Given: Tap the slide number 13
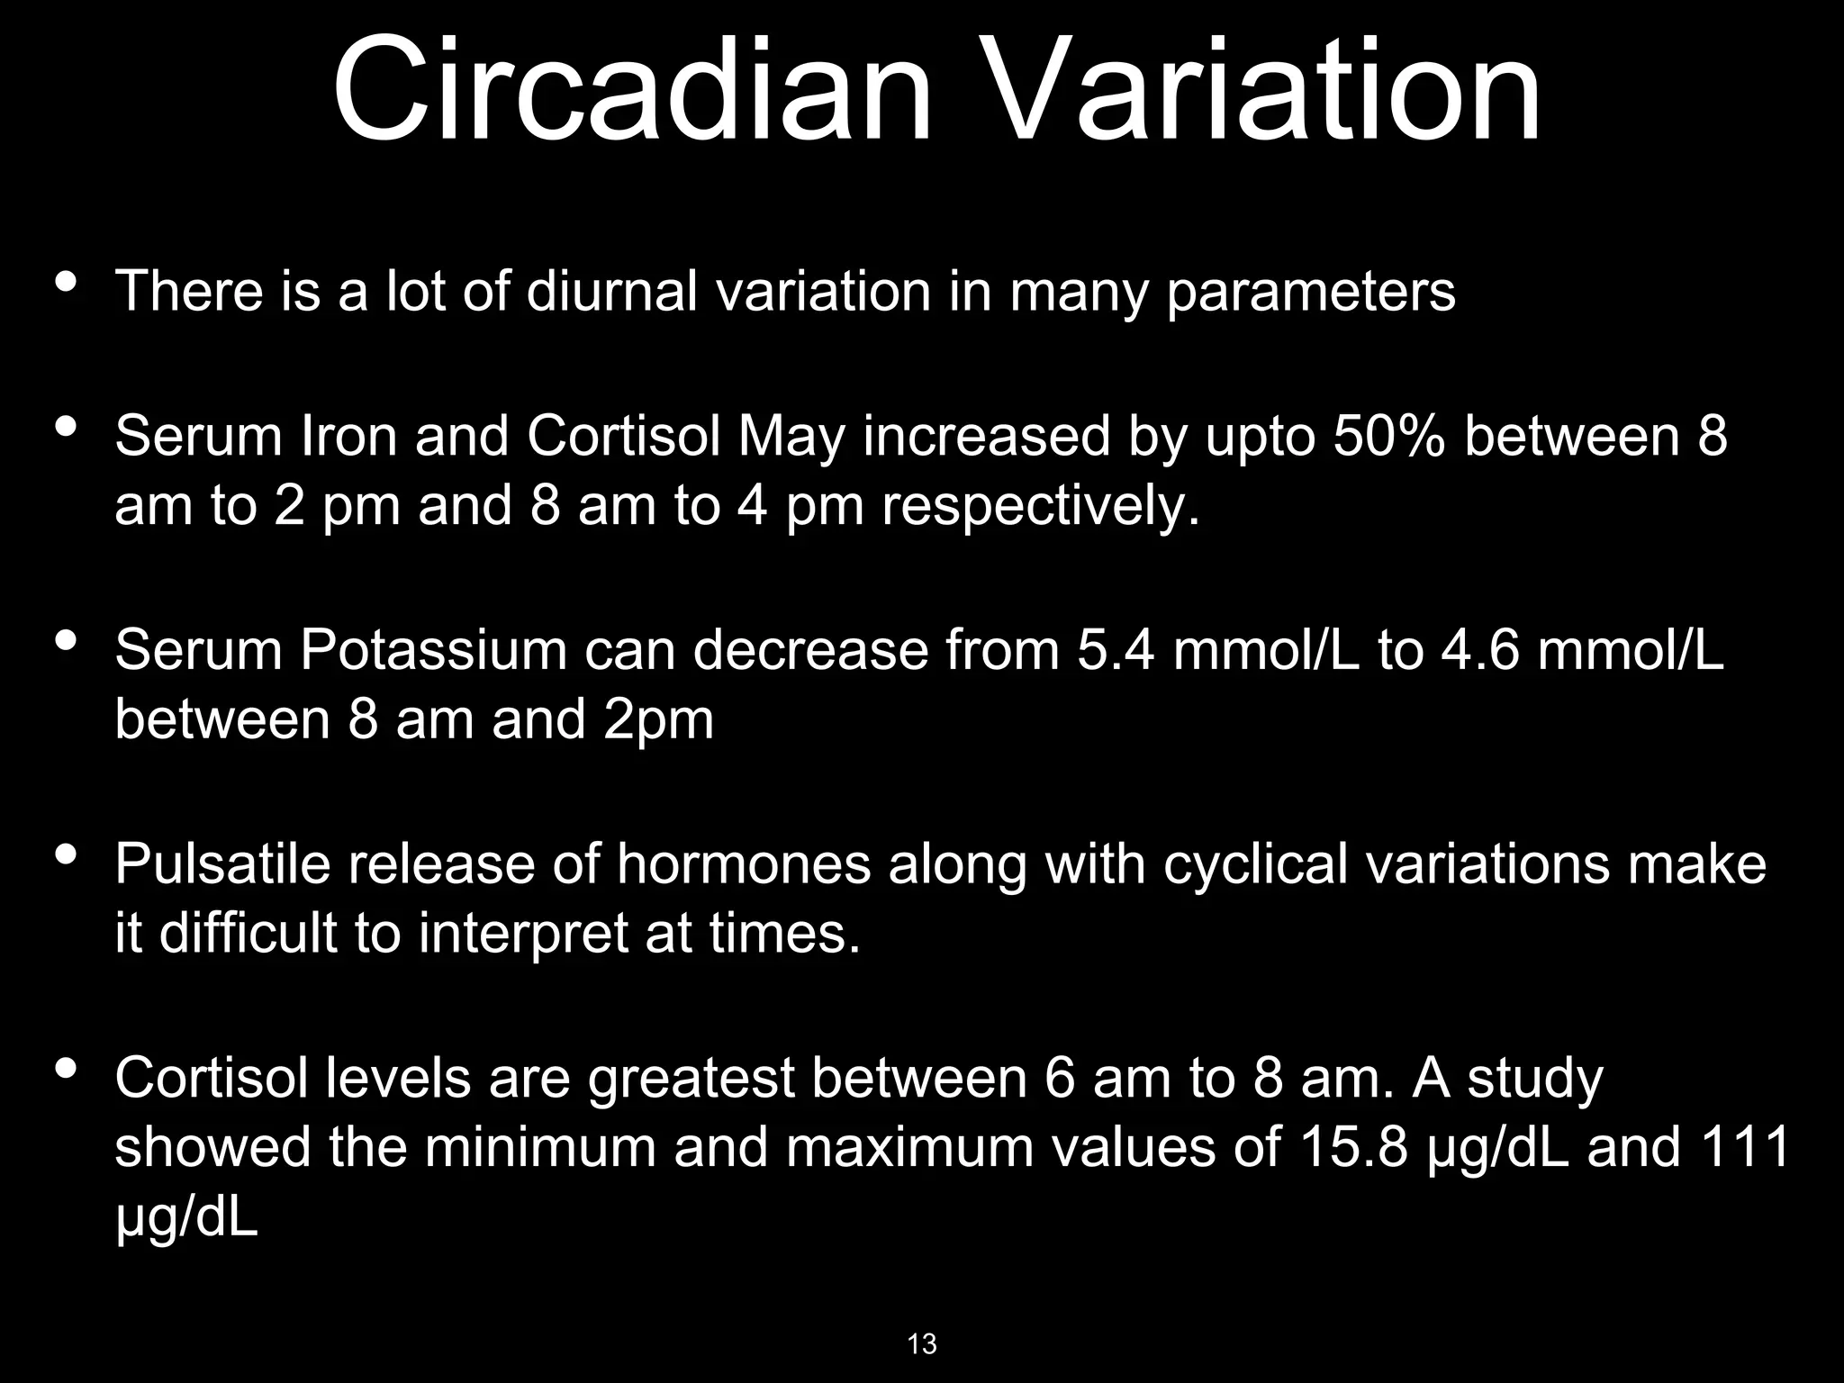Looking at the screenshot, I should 922,1344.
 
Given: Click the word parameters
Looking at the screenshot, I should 1310,294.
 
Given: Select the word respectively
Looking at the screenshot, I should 1040,507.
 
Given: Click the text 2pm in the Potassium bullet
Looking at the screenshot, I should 658,720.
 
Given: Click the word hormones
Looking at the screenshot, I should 744,863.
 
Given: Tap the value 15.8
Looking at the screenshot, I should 1353,1148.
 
